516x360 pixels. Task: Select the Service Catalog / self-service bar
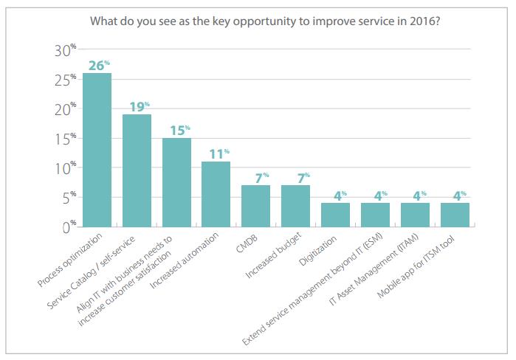point(137,170)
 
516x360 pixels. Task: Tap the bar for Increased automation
point(216,194)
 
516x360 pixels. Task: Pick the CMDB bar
point(255,206)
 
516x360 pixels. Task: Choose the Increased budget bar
point(295,206)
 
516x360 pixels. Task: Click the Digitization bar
point(335,215)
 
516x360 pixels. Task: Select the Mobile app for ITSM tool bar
point(455,215)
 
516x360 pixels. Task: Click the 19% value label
point(137,106)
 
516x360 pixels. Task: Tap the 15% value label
point(177,130)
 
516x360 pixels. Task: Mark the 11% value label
point(217,153)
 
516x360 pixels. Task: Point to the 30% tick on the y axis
point(65,50)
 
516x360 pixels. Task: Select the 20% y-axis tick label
point(65,109)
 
